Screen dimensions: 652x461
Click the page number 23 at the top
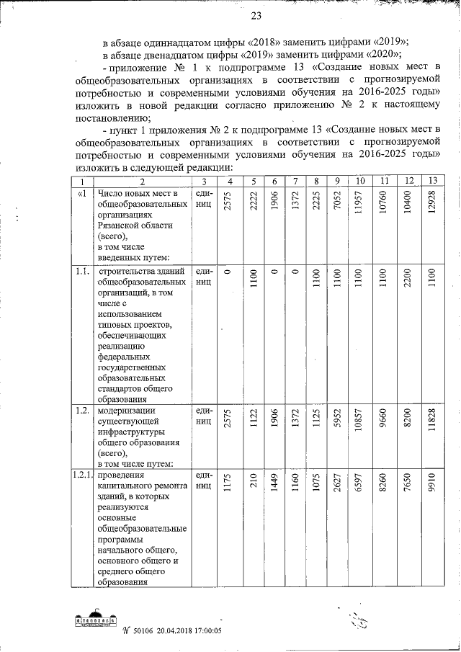tap(256, 17)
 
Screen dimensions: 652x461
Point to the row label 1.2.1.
tap(81, 476)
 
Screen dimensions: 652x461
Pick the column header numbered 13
tap(432, 180)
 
